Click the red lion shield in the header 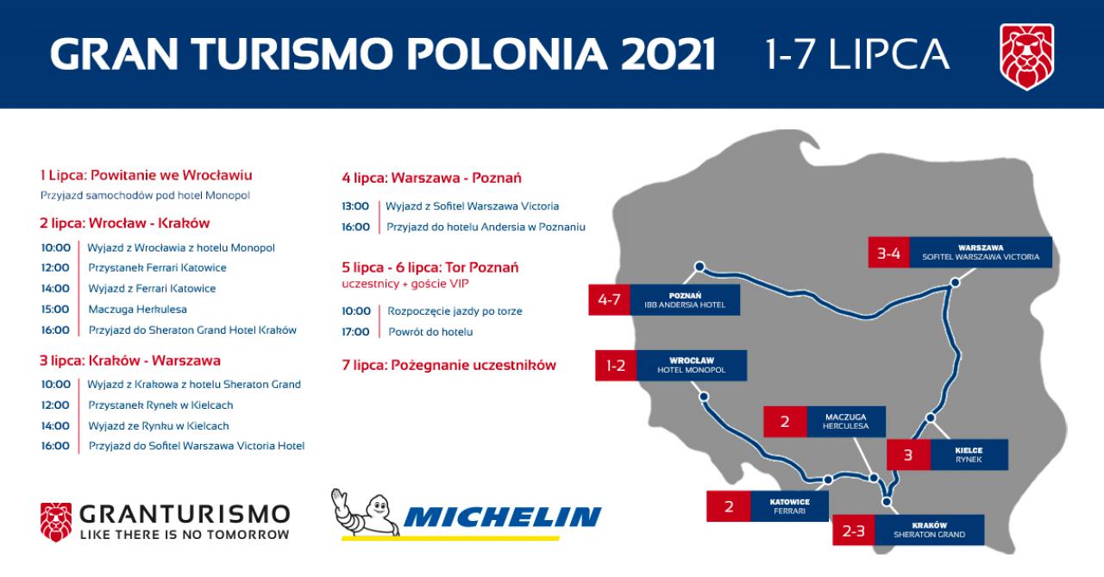[1026, 57]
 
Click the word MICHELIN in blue [503, 517]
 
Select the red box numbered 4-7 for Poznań [609, 299]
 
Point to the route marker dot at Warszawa [955, 283]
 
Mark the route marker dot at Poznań [699, 267]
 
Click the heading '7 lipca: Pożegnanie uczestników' [449, 366]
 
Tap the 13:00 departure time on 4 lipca [355, 206]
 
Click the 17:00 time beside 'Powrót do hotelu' [355, 332]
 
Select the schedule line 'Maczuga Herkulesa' [137, 310]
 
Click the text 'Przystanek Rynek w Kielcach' [160, 405]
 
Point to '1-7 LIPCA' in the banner [857, 53]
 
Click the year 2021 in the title [668, 53]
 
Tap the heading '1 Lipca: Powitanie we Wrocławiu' [147, 175]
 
